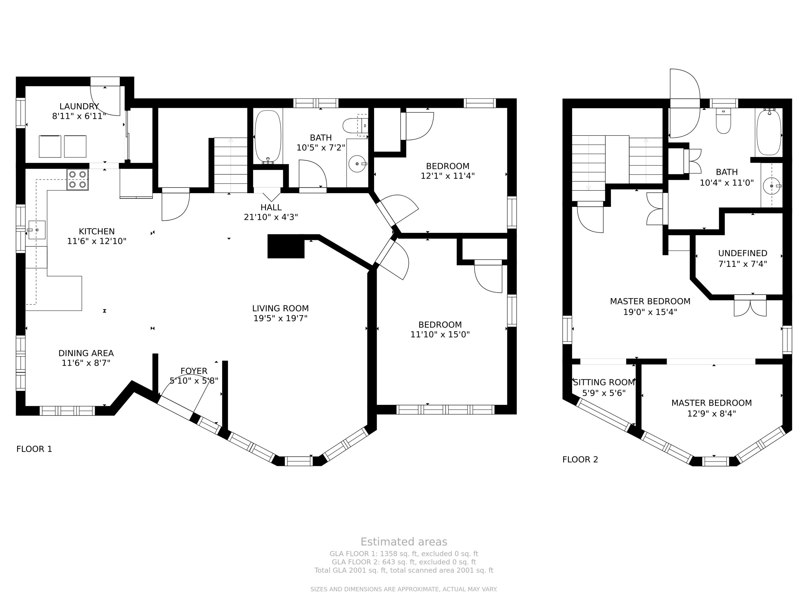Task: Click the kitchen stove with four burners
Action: [78, 180]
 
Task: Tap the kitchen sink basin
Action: [37, 230]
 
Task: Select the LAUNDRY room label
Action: [79, 106]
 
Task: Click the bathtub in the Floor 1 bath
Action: [268, 137]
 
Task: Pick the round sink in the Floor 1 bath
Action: [357, 164]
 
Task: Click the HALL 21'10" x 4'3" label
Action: [271, 212]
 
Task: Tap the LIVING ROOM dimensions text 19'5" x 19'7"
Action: [281, 318]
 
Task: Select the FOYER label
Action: [194, 371]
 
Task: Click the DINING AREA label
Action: [86, 353]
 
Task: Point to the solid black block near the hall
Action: [286, 246]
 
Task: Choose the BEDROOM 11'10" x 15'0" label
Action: [440, 329]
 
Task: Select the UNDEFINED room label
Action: [743, 253]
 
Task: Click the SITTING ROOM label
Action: [604, 382]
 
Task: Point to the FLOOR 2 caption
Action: [580, 459]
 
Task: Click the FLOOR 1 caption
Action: [34, 449]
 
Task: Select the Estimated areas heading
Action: [404, 541]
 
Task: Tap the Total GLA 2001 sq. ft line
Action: [404, 570]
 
